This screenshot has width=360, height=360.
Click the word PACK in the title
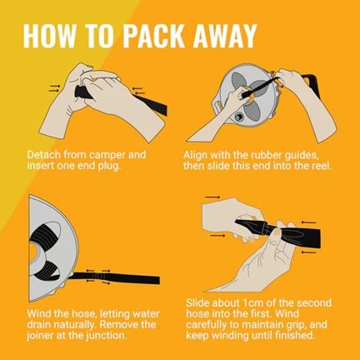[x=153, y=36]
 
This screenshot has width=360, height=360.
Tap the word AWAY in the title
[x=224, y=36]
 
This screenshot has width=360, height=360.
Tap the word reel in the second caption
[x=323, y=166]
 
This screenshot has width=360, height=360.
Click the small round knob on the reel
[x=238, y=117]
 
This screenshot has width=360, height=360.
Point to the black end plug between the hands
[x=82, y=92]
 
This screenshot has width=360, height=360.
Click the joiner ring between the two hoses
[x=267, y=229]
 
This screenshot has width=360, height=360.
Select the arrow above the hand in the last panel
[x=212, y=197]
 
